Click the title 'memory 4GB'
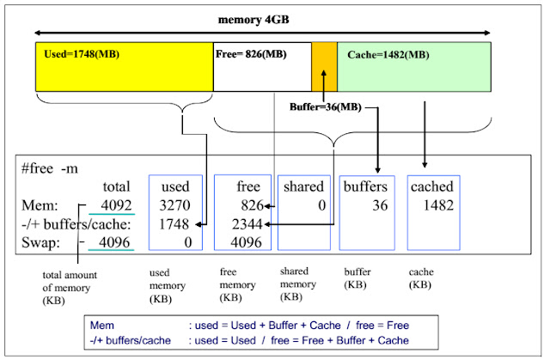click(x=254, y=20)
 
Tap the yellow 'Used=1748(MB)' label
click(x=82, y=54)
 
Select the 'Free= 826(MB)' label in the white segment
click(x=251, y=54)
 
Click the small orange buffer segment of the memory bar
click(x=325, y=67)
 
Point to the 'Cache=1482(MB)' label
click(x=388, y=55)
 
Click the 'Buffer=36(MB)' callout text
click(x=326, y=107)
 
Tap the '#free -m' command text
click(x=50, y=168)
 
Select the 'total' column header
click(x=117, y=186)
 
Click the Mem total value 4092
click(x=116, y=205)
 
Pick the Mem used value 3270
click(x=174, y=205)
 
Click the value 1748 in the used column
click(x=174, y=224)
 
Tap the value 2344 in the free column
click(x=247, y=224)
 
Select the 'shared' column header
click(x=303, y=186)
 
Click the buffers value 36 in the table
click(x=380, y=205)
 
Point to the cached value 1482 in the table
click(x=438, y=205)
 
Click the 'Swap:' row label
click(x=40, y=242)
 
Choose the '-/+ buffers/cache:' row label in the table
click(x=76, y=224)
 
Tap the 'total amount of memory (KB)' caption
click(x=70, y=288)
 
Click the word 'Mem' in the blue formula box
click(x=102, y=326)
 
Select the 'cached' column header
click(x=432, y=186)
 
